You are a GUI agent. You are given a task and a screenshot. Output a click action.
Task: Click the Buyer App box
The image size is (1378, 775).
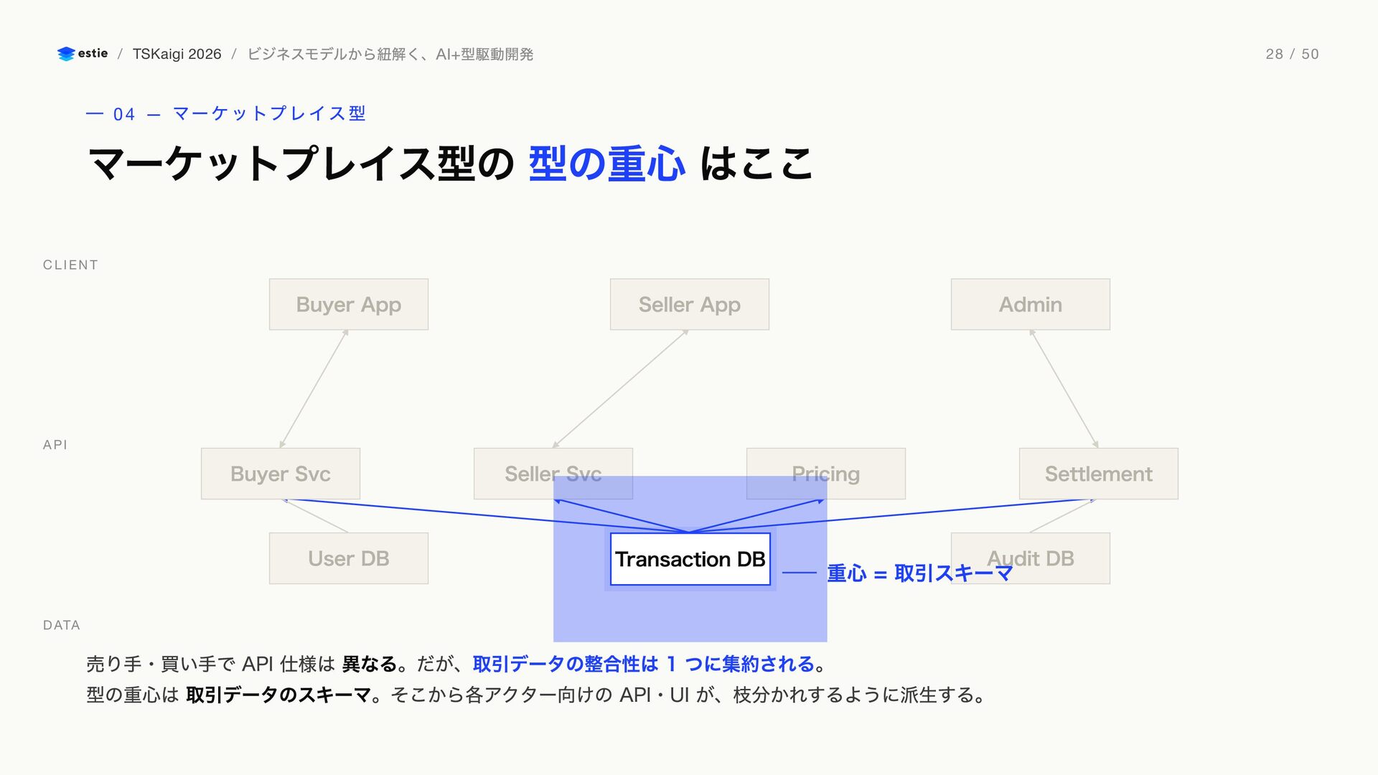[x=349, y=304]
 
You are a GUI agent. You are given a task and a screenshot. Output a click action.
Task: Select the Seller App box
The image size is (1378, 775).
[x=690, y=304]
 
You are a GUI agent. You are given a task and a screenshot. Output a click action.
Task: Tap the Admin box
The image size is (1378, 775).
[x=1031, y=304]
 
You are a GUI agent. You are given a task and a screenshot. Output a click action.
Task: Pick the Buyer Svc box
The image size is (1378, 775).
[x=281, y=474]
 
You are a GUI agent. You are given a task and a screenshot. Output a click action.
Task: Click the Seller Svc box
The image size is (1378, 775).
[x=553, y=474]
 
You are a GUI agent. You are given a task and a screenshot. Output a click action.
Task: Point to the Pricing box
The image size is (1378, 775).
[x=826, y=474]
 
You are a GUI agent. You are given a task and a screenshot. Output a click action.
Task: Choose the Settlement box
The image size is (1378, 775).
[x=1099, y=474]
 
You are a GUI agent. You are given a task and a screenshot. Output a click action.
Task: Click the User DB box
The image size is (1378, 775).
[x=349, y=558]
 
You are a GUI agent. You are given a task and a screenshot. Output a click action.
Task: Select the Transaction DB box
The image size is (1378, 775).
[x=690, y=559]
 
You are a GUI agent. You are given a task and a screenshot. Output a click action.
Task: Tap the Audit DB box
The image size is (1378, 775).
[x=1031, y=558]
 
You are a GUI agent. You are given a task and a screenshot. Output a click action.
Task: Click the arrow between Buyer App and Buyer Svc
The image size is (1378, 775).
[x=314, y=389]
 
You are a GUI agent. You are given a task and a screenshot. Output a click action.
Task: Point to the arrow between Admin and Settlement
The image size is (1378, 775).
[x=1064, y=389]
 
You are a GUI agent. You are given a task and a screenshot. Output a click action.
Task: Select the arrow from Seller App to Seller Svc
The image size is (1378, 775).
[x=621, y=389]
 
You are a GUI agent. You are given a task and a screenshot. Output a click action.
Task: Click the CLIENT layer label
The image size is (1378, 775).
[x=70, y=265]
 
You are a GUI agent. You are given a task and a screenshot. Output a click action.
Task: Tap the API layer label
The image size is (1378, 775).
[x=55, y=445]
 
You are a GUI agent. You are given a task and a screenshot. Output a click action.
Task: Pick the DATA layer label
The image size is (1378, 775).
[x=62, y=625]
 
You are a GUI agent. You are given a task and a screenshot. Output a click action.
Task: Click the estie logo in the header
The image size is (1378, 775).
[x=83, y=54]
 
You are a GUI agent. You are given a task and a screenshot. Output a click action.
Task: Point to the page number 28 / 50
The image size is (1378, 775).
[x=1292, y=54]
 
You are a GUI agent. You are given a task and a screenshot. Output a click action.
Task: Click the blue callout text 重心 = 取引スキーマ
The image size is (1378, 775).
[x=920, y=573]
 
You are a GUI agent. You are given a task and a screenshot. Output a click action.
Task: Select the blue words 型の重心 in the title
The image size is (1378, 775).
[x=607, y=164]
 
